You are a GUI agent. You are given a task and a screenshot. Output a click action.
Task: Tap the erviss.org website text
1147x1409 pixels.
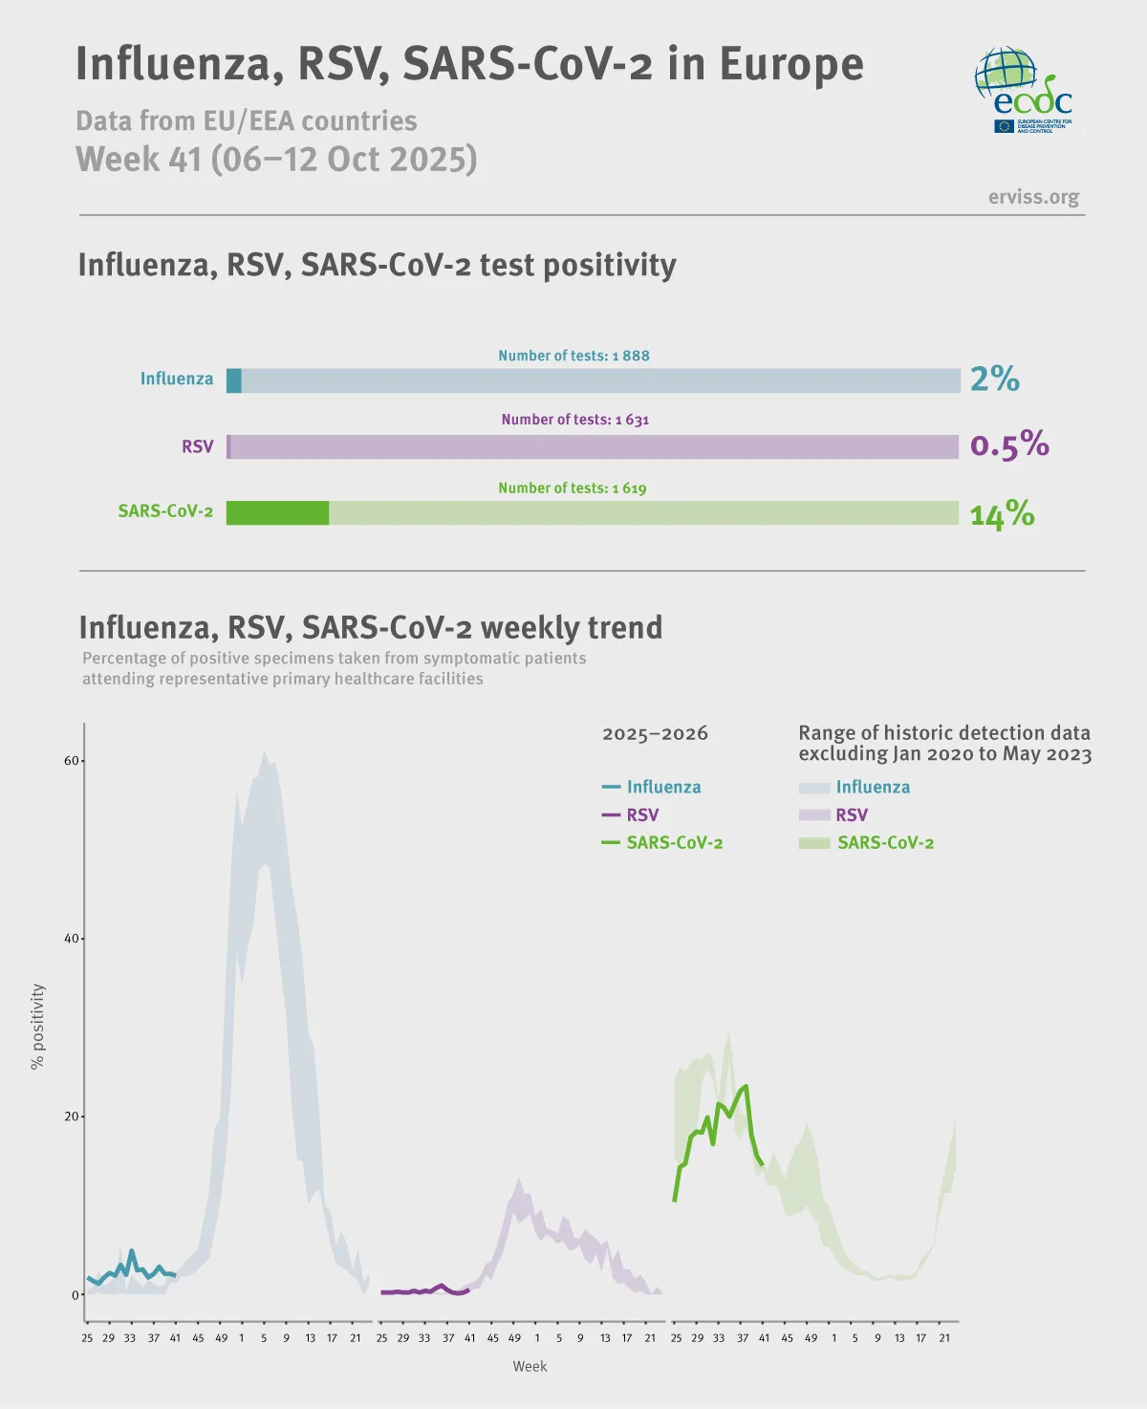pyautogui.click(x=1033, y=197)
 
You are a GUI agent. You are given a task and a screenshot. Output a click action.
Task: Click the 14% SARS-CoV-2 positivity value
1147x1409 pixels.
pyautogui.click(x=1002, y=514)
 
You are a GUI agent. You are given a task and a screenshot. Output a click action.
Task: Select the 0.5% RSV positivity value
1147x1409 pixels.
pyautogui.click(x=1009, y=444)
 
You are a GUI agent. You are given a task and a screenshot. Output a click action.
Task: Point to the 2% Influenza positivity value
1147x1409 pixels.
pyautogui.click(x=995, y=379)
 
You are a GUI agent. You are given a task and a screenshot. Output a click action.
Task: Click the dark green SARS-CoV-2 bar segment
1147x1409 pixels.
pyautogui.click(x=277, y=513)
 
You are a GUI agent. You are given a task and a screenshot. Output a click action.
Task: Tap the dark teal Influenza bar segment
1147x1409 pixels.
pyautogui.click(x=234, y=380)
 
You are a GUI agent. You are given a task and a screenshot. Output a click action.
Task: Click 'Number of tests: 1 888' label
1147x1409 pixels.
pyautogui.click(x=573, y=356)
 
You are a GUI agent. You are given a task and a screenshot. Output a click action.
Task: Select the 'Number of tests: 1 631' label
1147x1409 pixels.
pyautogui.click(x=574, y=420)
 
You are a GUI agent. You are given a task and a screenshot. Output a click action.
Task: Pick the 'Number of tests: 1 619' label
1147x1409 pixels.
pyautogui.click(x=572, y=488)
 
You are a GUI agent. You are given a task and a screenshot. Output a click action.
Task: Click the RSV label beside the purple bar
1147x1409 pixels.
pyautogui.click(x=198, y=446)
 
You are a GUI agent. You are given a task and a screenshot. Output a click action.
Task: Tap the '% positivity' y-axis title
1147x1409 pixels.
pyautogui.click(x=37, y=1027)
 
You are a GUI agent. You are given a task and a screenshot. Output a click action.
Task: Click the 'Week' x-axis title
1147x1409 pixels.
pyautogui.click(x=530, y=1366)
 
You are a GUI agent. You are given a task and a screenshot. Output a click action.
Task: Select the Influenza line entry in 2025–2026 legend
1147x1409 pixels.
pyautogui.click(x=652, y=787)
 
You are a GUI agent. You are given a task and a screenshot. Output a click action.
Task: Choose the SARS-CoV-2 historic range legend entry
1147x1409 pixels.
pyautogui.click(x=867, y=843)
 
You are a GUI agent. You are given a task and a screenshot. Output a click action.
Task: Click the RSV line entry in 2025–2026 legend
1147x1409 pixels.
pyautogui.click(x=631, y=815)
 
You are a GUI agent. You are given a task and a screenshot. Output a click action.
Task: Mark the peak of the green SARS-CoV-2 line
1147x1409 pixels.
pyautogui.click(x=746, y=1086)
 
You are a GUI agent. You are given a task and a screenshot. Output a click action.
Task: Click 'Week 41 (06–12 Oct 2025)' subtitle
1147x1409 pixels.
pyautogui.click(x=276, y=159)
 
